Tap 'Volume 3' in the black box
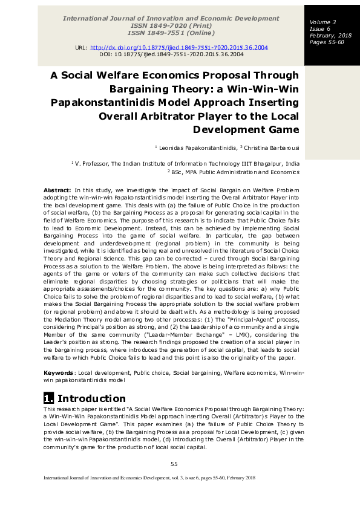click(322, 22)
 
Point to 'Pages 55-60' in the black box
click(327, 42)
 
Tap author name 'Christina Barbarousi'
click(272, 148)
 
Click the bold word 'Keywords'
click(59, 373)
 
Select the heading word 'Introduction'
click(91, 398)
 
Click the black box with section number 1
click(48, 398)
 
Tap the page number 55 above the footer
click(174, 464)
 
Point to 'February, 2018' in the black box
click(327, 36)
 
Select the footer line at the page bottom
click(149, 478)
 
